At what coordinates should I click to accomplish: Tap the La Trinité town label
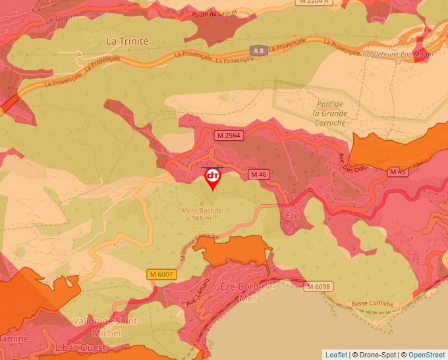[127, 41]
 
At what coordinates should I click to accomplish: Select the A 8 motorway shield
[260, 50]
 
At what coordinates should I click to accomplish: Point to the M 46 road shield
[258, 174]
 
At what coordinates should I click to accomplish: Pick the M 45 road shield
[397, 172]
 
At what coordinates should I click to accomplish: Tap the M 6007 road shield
[161, 274]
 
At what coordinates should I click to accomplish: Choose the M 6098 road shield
[318, 286]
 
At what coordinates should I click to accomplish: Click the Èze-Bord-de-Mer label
[247, 292]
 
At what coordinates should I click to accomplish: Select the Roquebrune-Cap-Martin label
[398, 55]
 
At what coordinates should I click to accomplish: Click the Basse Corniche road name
[372, 304]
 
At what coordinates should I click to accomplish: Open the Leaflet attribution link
[336, 355]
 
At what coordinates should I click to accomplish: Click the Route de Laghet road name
[212, 13]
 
